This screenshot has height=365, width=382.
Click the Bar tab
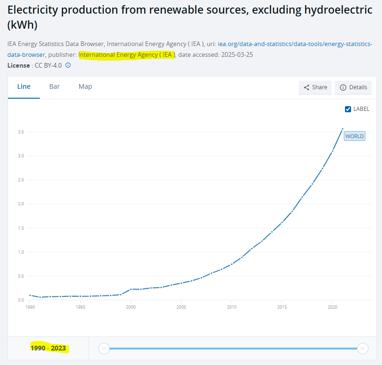click(54, 86)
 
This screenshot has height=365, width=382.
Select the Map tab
click(85, 86)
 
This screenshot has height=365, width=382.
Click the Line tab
click(24, 86)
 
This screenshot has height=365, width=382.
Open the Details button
click(353, 87)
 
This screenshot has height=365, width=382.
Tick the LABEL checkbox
click(348, 109)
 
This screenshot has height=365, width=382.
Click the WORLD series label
click(354, 136)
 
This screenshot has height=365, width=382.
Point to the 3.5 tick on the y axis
click(21, 132)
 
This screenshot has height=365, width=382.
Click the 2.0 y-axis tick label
click(21, 204)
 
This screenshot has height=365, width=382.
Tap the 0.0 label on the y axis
click(21, 300)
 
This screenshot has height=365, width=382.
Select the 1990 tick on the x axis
click(30, 307)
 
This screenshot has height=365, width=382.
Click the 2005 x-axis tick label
click(181, 307)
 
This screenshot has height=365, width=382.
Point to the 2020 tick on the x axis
click(332, 307)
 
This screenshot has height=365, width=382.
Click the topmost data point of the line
click(343, 128)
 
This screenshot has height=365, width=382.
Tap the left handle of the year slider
click(104, 348)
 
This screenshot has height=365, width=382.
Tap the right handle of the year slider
click(362, 348)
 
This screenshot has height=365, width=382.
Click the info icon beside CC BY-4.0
click(68, 65)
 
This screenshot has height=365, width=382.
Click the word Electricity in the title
click(35, 10)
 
